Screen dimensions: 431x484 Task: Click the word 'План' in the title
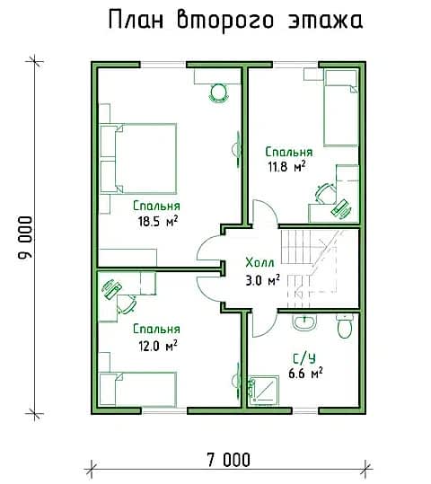136,20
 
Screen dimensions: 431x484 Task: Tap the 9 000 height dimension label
25,237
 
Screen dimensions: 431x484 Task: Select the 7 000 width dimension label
228,461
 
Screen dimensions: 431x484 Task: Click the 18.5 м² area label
158,221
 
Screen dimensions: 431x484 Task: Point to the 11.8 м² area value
286,167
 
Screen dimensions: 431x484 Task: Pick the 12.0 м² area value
158,346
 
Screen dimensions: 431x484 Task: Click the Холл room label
259,263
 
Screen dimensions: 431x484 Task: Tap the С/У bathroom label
304,358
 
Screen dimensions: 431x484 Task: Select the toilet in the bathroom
345,326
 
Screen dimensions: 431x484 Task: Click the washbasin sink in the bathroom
304,322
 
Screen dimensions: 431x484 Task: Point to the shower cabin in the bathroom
264,390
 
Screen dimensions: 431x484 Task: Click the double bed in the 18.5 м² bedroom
138,159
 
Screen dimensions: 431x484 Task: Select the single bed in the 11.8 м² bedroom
341,108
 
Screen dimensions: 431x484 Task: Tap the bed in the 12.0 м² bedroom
138,389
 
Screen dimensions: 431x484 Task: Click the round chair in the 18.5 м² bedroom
219,92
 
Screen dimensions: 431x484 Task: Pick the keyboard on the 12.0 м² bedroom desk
111,289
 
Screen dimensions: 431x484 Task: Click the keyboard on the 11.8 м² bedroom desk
341,209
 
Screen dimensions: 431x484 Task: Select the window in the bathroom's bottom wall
305,411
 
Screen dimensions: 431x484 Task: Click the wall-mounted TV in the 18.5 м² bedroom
237,149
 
